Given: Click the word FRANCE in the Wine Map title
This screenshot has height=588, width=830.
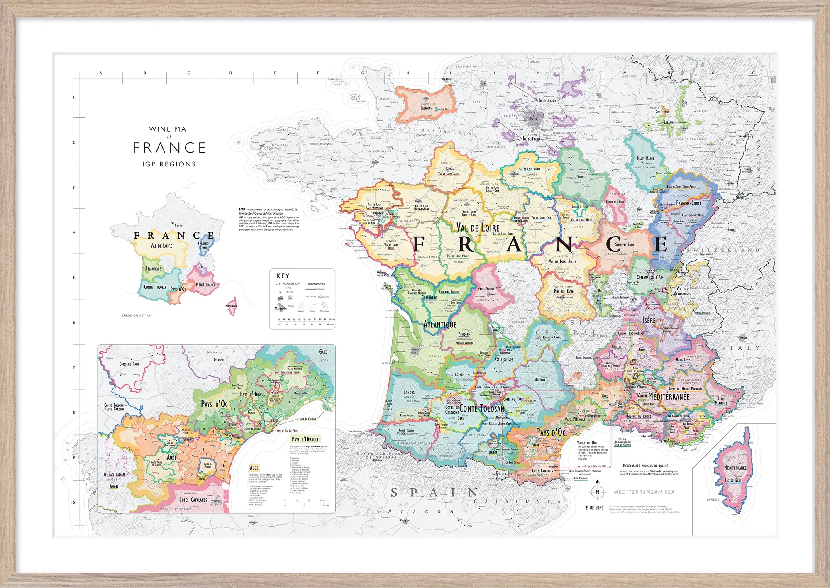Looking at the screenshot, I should (x=169, y=148).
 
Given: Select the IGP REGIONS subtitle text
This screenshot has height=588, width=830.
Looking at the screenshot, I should (x=169, y=164).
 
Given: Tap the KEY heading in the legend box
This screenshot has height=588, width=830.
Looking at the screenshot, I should (x=283, y=276).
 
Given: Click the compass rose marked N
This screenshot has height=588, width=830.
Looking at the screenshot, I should (x=598, y=492).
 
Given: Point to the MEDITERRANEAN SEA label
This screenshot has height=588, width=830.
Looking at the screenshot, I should (x=644, y=492).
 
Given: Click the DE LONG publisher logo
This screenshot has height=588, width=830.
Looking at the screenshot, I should (x=595, y=507).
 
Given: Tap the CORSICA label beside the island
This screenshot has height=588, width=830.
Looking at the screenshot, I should (x=713, y=500).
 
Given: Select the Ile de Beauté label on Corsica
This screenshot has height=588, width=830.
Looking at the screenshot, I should (x=734, y=481).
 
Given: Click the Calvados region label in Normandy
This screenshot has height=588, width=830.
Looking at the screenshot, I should (x=426, y=108).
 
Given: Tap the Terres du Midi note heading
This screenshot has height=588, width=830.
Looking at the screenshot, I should (x=587, y=443).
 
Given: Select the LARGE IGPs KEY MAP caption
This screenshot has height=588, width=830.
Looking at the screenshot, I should (x=137, y=315).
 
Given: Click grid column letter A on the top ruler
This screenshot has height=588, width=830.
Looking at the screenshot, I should (x=100, y=73).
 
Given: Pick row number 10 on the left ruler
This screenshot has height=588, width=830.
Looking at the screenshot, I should (x=73, y=503).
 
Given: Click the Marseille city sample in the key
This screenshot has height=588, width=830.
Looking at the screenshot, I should (x=281, y=308).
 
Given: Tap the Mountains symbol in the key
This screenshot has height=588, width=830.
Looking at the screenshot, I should (x=325, y=306).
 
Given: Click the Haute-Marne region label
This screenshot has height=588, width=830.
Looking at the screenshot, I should (x=645, y=158).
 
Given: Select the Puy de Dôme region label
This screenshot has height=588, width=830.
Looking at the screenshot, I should (x=564, y=291).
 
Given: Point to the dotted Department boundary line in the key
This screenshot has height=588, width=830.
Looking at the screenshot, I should (x=311, y=297).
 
